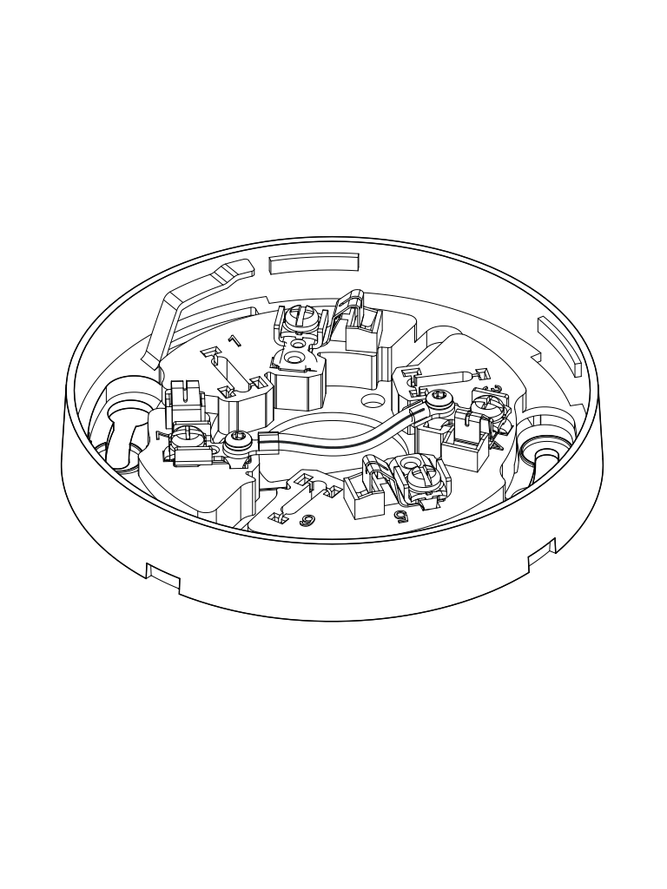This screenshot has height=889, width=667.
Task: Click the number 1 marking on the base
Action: pyautogui.click(x=234, y=341)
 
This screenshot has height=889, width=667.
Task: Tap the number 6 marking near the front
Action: pyautogui.click(x=306, y=520)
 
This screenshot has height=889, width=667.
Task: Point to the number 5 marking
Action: pyautogui.click(x=400, y=516)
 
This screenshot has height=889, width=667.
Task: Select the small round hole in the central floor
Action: pyautogui.click(x=373, y=402)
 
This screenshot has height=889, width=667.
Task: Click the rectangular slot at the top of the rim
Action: pyautogui.click(x=314, y=261)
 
